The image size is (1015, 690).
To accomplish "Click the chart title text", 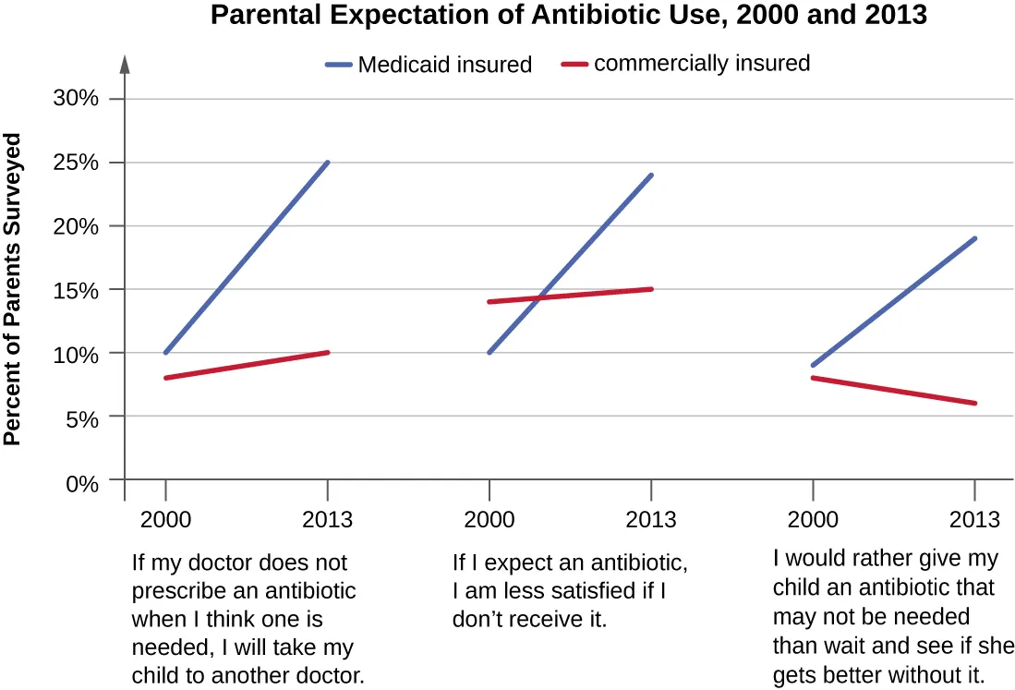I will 569,16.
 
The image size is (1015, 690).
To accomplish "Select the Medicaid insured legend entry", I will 429,65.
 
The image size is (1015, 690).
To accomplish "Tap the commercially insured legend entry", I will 685,64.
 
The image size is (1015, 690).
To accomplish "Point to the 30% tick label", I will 76,99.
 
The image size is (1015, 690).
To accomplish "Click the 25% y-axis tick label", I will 76,163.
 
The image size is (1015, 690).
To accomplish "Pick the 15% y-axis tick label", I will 76,290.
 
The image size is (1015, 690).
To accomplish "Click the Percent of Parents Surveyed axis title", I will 13,290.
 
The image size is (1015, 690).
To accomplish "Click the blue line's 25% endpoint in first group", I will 328,163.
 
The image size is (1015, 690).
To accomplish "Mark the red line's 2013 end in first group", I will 328,353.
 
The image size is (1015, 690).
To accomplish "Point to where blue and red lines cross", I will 540,297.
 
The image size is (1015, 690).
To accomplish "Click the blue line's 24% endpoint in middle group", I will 652,176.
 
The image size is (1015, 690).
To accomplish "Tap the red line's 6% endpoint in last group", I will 975,403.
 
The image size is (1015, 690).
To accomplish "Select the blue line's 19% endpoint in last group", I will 975,239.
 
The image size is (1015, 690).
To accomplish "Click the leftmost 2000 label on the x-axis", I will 165,520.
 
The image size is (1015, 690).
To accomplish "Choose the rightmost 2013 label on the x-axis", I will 975,520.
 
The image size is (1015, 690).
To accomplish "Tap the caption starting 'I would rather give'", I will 891,616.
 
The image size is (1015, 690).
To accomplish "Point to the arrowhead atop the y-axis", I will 125,65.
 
